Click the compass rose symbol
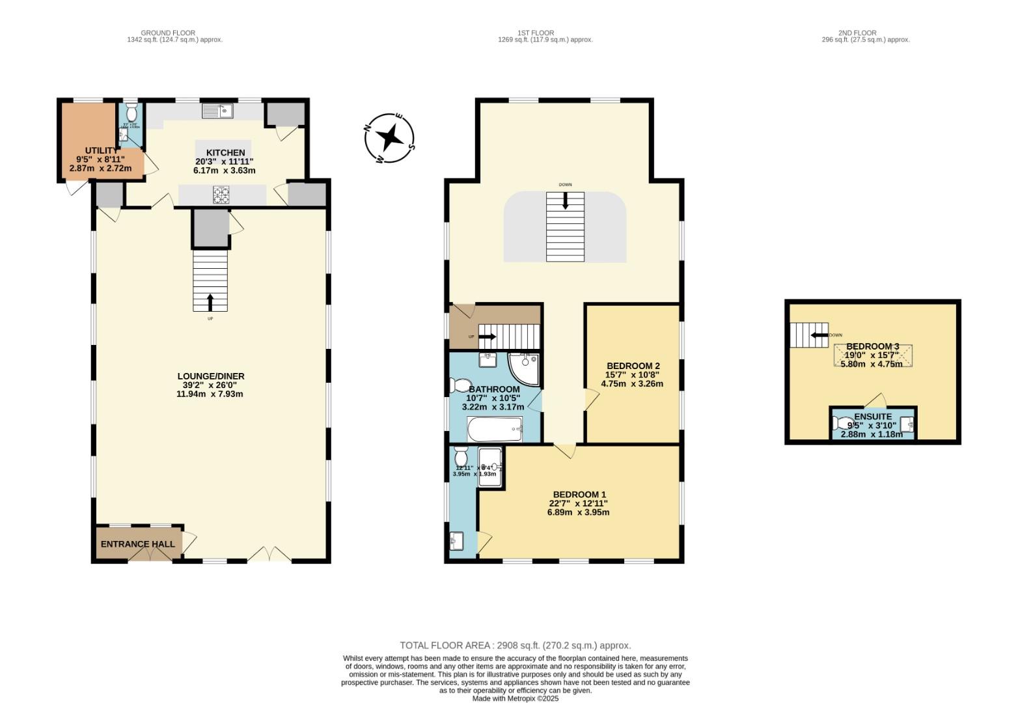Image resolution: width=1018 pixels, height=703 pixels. (x=389, y=138)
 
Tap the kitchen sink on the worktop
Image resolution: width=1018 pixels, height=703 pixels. (x=217, y=112)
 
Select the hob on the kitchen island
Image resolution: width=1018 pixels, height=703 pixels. (x=221, y=194)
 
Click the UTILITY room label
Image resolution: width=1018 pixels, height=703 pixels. (x=101, y=150)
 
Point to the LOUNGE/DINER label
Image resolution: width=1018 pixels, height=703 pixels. (x=210, y=376)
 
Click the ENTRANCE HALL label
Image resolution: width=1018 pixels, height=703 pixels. (x=137, y=544)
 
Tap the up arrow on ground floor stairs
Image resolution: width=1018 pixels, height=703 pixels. (x=210, y=302)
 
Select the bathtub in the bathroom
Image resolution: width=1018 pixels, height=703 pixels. (x=495, y=429)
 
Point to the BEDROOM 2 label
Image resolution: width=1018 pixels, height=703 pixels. (x=633, y=366)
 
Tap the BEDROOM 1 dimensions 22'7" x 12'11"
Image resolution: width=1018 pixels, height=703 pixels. (x=578, y=503)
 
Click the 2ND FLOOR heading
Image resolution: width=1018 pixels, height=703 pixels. (x=857, y=33)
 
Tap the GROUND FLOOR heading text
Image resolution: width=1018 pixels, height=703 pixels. (x=168, y=33)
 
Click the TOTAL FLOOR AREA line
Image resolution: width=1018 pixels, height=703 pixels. (x=515, y=646)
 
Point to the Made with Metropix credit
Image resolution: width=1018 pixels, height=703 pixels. (x=515, y=698)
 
